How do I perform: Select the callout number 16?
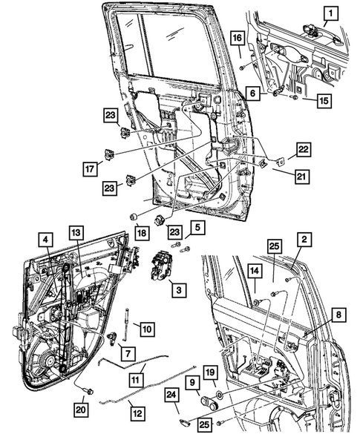tap(236, 39)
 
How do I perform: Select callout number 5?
tap(196, 227)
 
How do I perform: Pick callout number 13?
tap(74, 231)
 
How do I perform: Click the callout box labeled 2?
tap(304, 239)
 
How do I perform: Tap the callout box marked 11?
tap(135, 377)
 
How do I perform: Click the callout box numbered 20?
tap(79, 408)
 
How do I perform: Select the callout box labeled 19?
tap(211, 372)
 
